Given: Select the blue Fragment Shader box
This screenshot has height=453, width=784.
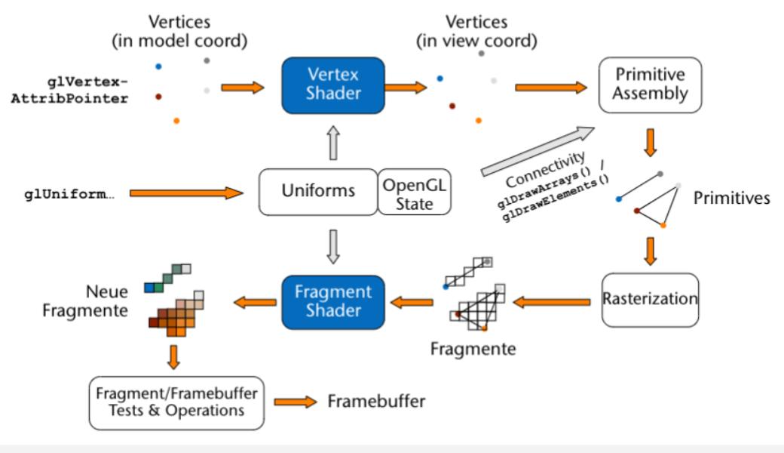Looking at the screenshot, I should [333, 302].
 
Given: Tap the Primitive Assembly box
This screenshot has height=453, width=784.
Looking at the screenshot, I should [650, 84].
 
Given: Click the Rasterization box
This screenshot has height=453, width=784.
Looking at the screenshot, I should [650, 299].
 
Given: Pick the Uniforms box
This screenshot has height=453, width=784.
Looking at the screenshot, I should [317, 191].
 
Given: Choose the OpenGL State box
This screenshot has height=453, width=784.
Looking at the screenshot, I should [414, 193].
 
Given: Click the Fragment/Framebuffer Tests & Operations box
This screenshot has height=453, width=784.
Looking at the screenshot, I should [177, 402].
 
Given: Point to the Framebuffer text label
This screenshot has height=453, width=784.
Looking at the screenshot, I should [376, 401].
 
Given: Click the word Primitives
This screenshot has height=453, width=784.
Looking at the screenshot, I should [732, 198].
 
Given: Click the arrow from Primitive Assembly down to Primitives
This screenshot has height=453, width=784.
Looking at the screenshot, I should [651, 141].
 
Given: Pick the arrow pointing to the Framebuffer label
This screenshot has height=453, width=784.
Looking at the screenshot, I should [295, 402].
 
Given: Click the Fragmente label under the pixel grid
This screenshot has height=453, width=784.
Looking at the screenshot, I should [473, 349].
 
